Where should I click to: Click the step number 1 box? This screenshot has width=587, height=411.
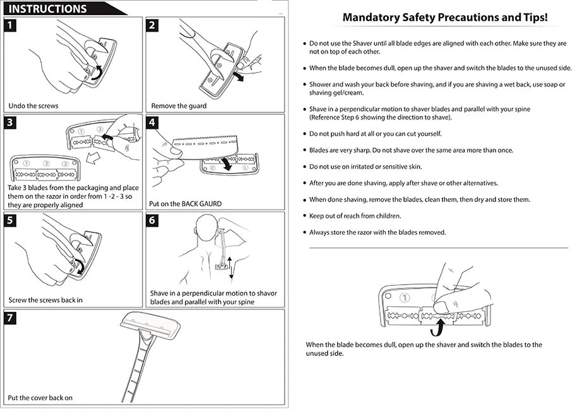(x=11, y=25)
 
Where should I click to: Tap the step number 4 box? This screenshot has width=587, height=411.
(x=152, y=122)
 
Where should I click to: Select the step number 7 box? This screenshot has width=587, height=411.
(x=11, y=318)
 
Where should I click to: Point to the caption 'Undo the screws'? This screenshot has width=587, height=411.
(x=33, y=105)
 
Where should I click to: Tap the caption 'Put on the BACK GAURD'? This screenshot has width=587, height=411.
(x=185, y=205)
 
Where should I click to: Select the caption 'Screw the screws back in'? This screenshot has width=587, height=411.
(x=45, y=300)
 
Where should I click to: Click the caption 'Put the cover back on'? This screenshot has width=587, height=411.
(x=40, y=398)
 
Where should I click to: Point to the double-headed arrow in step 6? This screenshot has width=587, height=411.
(x=231, y=267)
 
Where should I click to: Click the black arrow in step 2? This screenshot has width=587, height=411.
(x=239, y=76)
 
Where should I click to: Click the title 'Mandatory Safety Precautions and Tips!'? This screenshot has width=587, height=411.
(x=444, y=18)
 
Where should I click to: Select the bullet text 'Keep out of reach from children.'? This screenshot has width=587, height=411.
(x=355, y=216)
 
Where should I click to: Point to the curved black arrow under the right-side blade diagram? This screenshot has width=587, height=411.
(x=437, y=329)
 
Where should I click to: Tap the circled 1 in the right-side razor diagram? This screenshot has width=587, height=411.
(x=405, y=298)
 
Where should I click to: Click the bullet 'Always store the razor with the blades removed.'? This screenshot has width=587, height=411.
(x=377, y=232)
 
